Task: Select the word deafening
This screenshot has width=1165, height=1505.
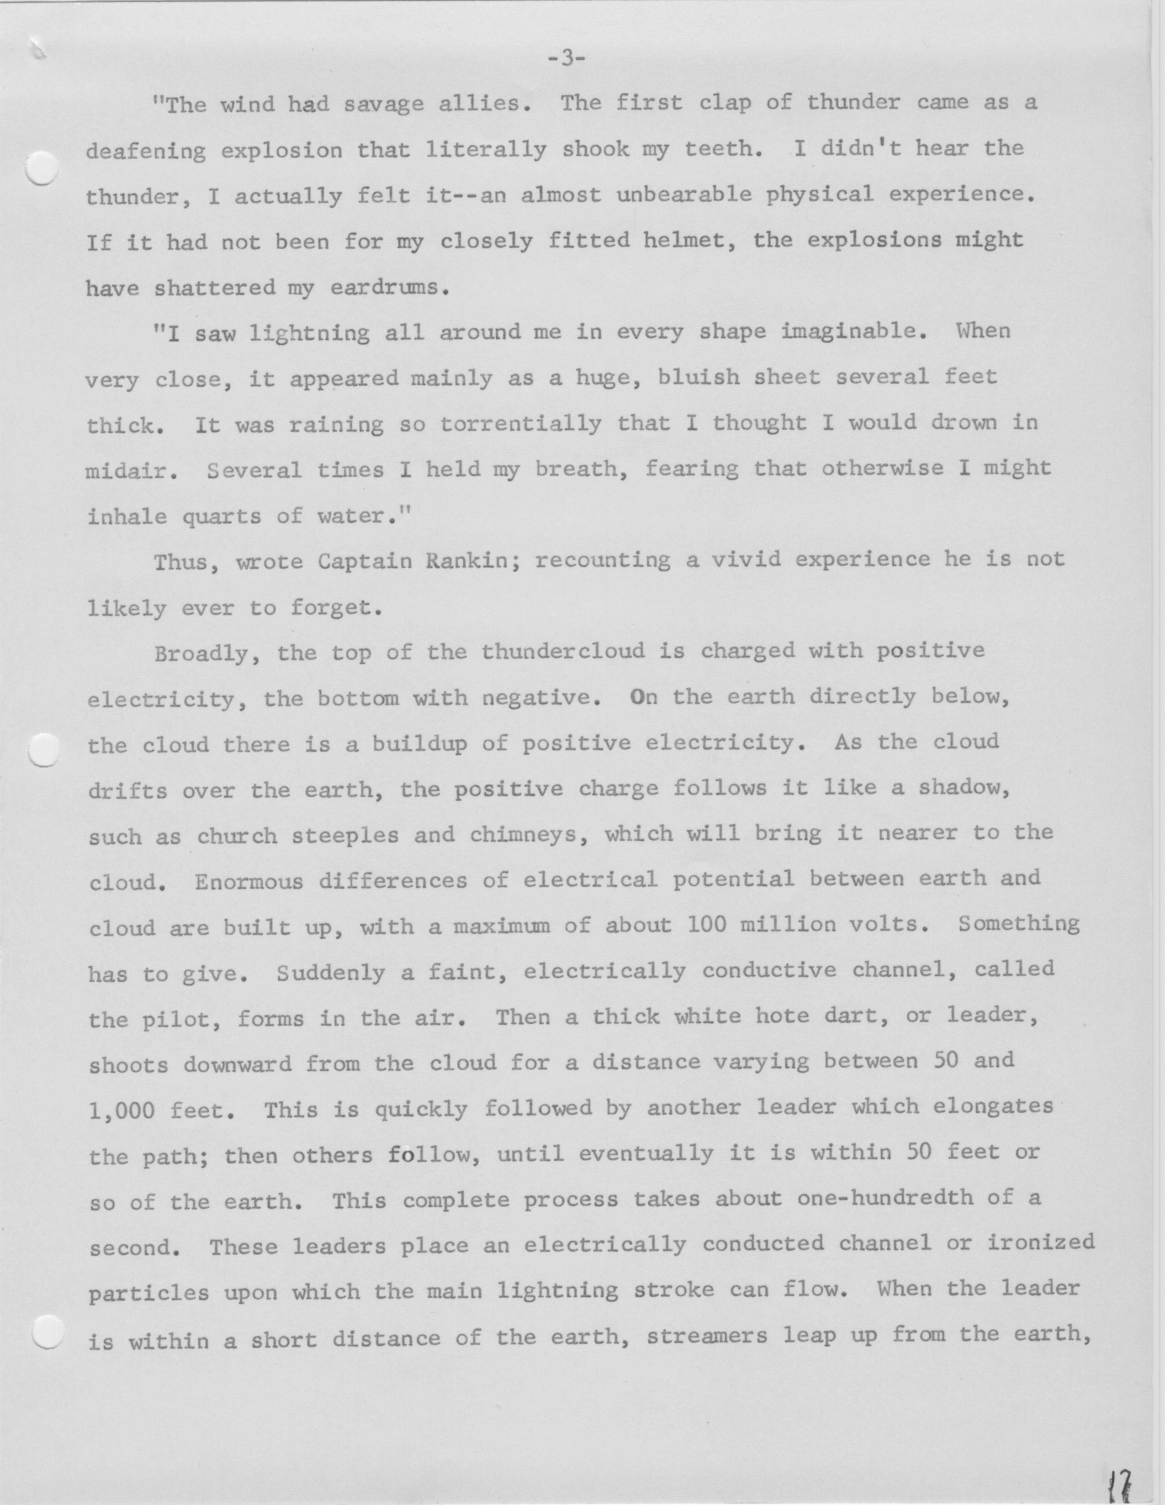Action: click(x=145, y=151)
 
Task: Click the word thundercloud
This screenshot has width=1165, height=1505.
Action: click(x=563, y=651)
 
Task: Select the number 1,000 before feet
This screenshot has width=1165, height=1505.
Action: click(x=122, y=1110)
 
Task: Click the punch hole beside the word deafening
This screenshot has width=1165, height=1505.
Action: click(x=41, y=168)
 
